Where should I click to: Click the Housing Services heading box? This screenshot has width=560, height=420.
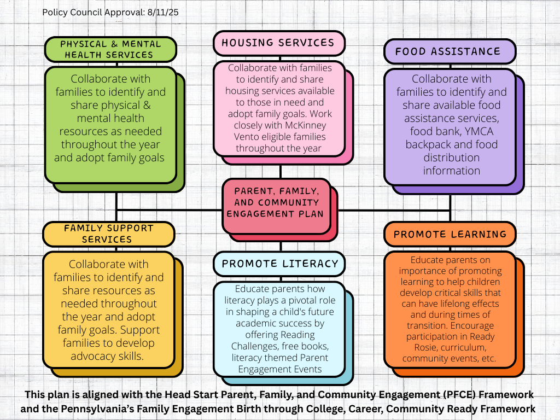tap(278, 43)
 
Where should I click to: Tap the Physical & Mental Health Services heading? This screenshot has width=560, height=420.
tap(110, 49)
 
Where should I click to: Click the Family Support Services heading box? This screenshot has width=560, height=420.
tap(108, 234)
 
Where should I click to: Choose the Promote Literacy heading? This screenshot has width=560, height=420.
tap(279, 264)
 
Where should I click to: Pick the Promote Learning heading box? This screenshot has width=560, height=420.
tap(450, 234)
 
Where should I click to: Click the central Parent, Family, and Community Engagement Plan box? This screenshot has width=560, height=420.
tap(277, 202)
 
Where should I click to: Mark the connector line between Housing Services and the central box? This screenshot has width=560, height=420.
tap(281, 171)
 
